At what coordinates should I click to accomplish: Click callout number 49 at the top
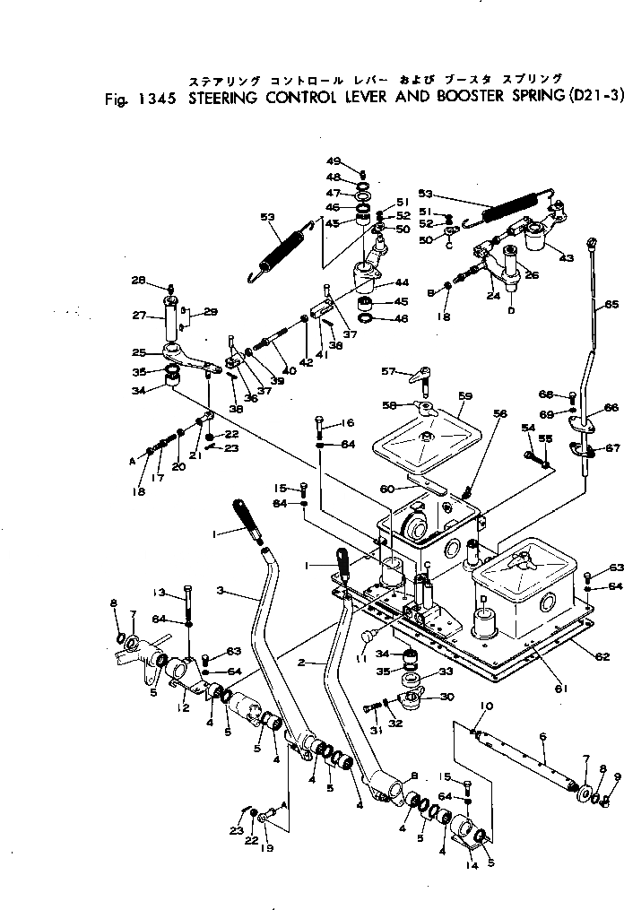pyautogui.click(x=334, y=161)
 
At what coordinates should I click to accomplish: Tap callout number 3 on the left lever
pyautogui.click(x=221, y=592)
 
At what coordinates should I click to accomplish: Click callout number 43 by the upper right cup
pyautogui.click(x=566, y=258)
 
